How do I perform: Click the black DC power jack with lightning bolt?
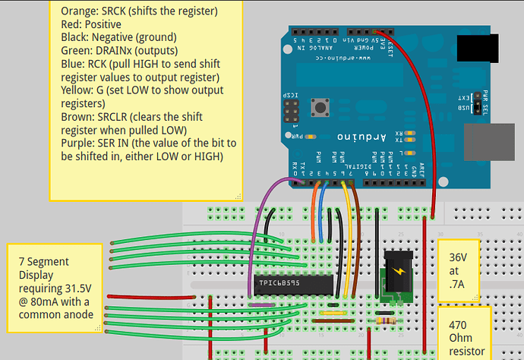[396, 276]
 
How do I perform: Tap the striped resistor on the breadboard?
[387, 321]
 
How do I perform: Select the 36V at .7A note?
[460, 269]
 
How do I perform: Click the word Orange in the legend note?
[77, 11]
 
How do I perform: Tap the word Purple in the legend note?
[77, 144]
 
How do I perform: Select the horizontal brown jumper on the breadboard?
[327, 321]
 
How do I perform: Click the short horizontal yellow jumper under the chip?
[334, 311]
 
